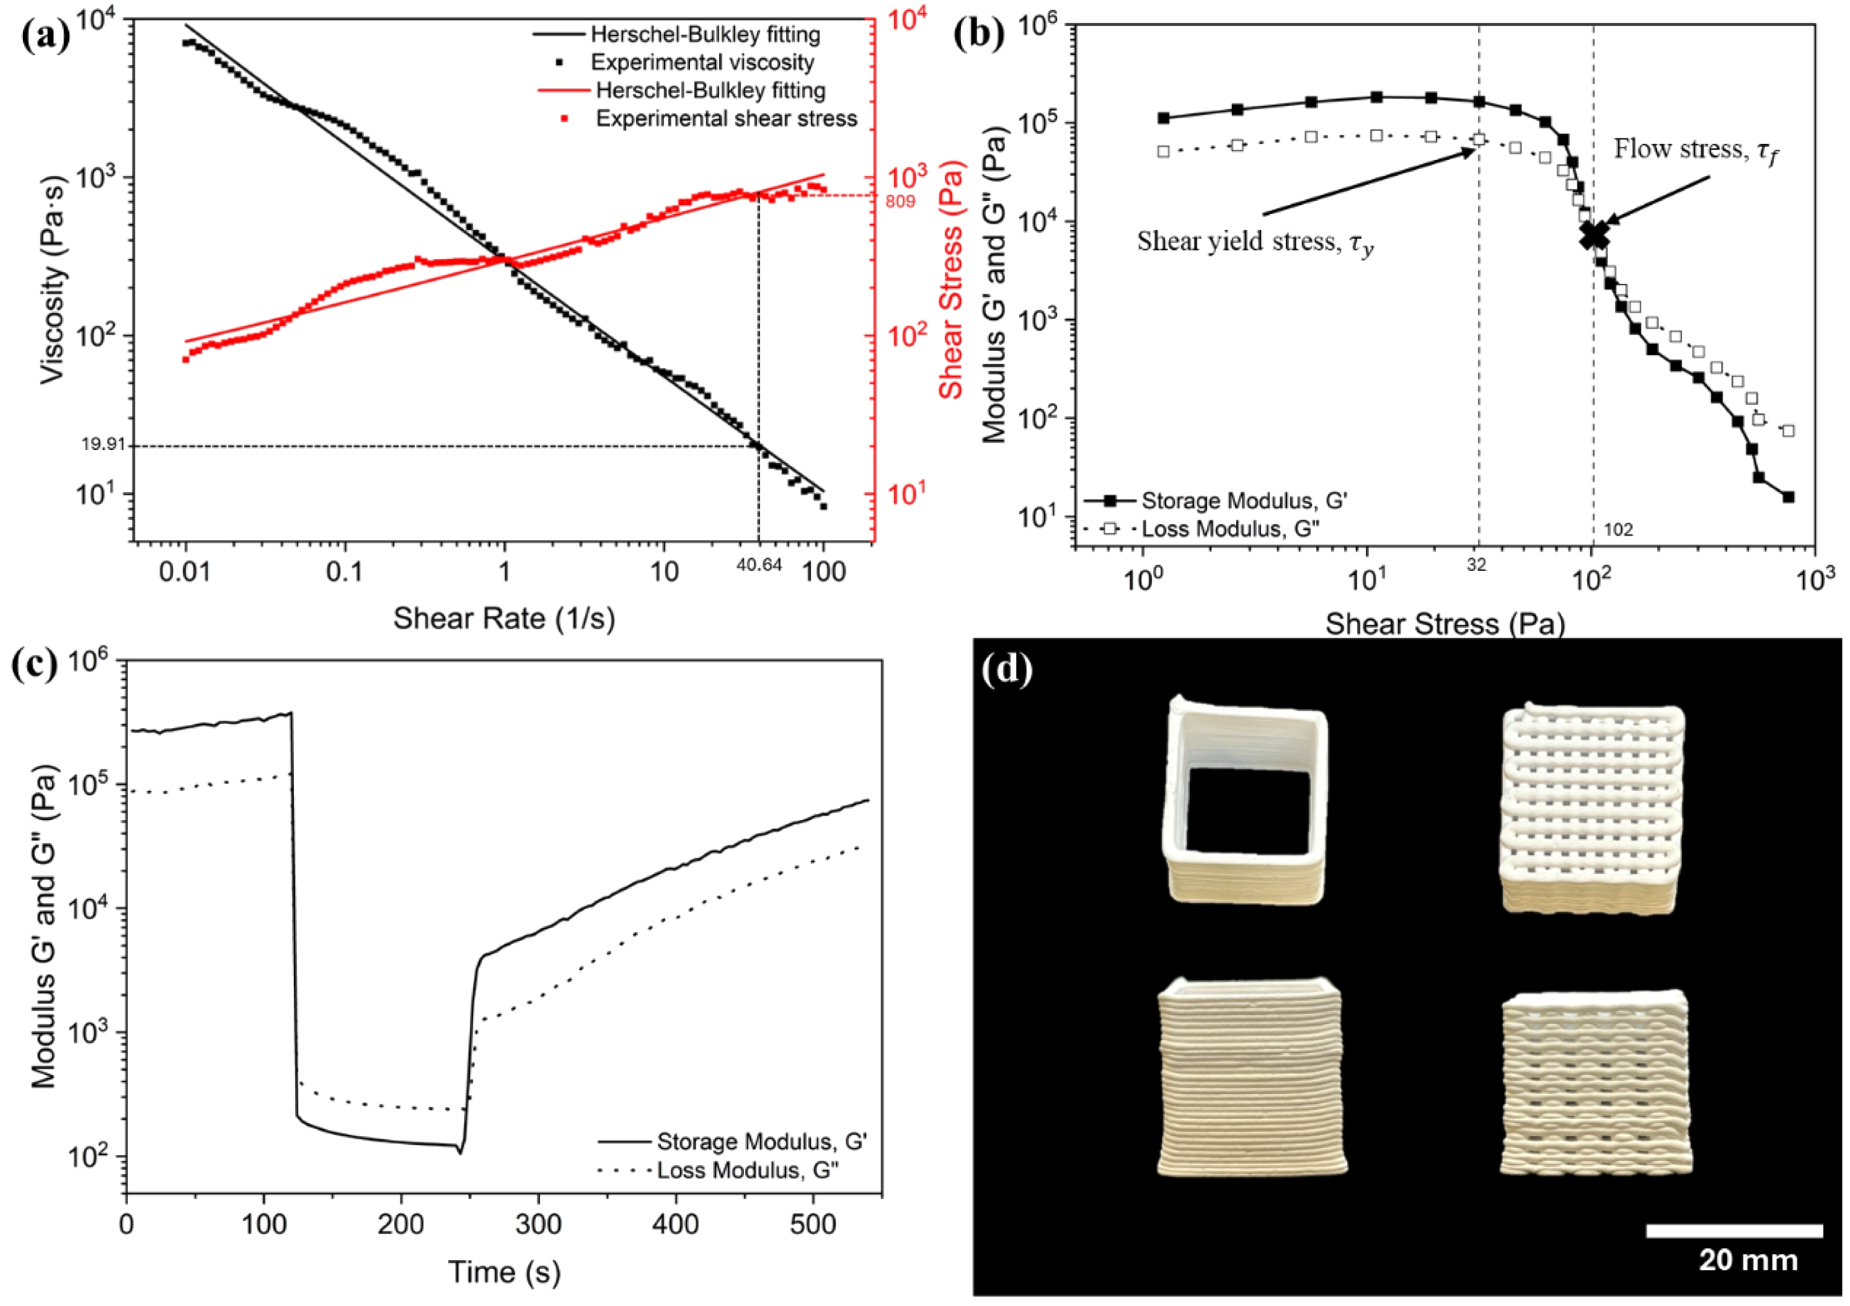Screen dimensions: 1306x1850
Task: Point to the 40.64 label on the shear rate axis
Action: click(x=759, y=565)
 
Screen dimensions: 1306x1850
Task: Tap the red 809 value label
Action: click(x=900, y=201)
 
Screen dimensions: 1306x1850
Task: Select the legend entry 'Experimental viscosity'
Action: click(x=702, y=63)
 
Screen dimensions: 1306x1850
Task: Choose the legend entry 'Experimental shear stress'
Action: click(x=726, y=119)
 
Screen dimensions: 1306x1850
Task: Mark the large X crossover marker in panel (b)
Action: click(x=1594, y=234)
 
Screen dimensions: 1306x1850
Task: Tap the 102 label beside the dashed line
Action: click(x=1619, y=529)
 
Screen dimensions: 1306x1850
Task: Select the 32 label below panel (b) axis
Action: click(x=1476, y=565)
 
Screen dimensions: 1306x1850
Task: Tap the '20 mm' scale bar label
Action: click(x=1748, y=1260)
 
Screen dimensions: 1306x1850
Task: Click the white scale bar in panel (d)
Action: click(x=1734, y=1230)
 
